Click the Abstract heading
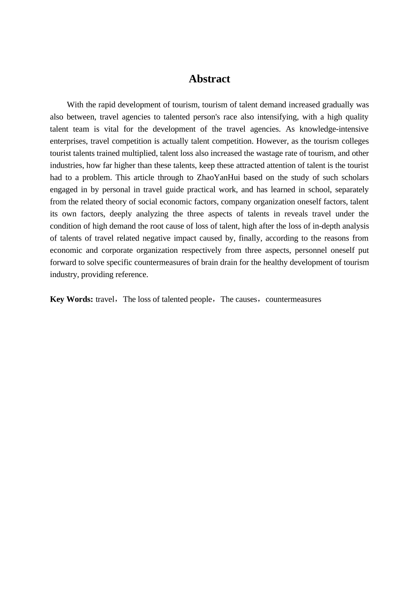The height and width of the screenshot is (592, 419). click(209, 79)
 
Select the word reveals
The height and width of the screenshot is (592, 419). click(295, 214)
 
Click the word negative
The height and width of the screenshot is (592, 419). click(157, 238)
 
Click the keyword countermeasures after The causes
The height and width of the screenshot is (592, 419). click(293, 300)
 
